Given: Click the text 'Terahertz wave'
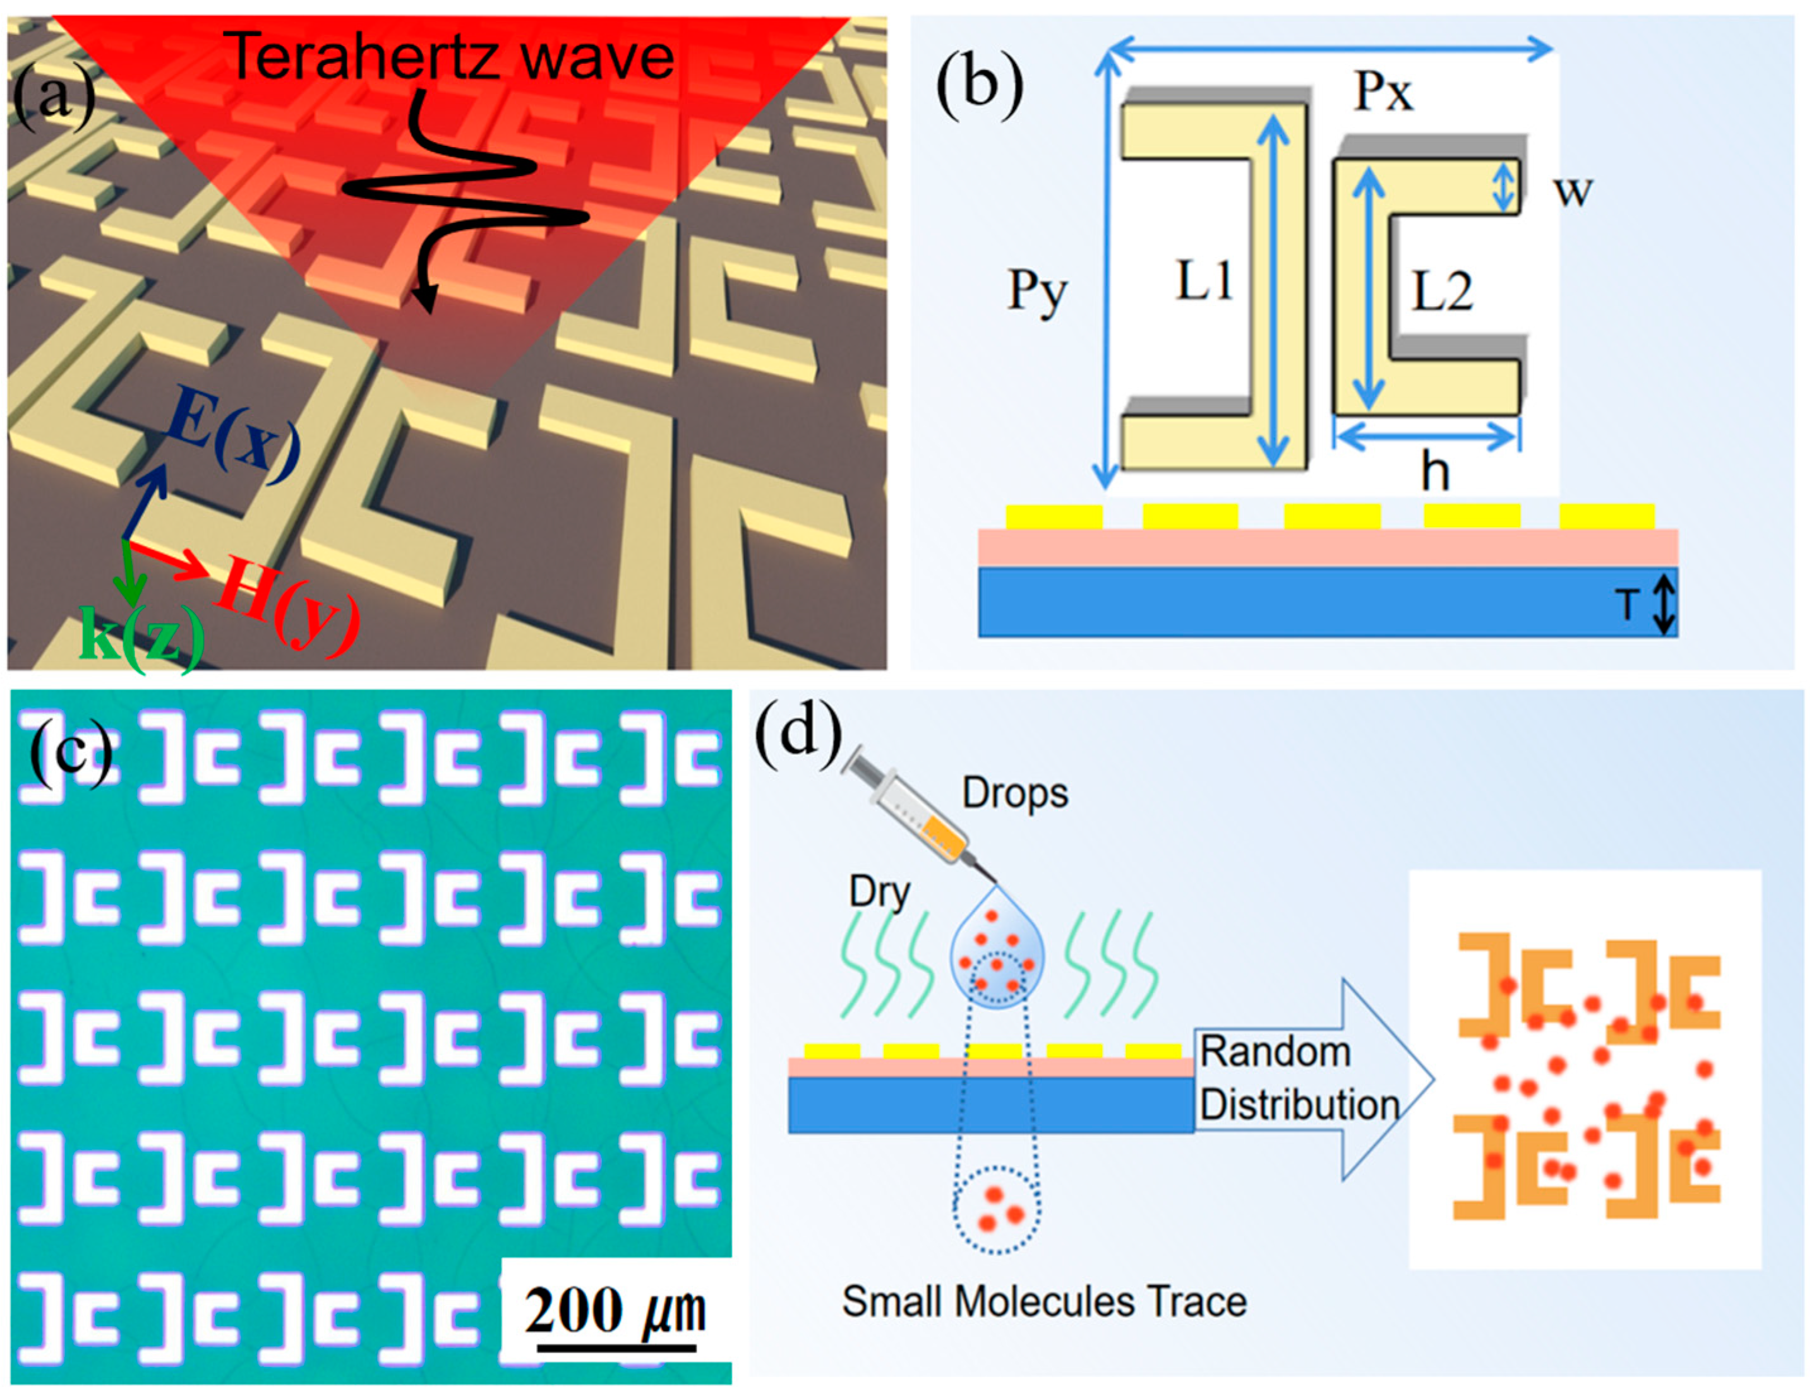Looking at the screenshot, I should coord(450,57).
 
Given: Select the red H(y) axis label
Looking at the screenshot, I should coord(287,604).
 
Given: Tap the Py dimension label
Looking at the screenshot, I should coord(1036,290).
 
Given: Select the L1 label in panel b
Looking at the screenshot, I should coord(1204,281).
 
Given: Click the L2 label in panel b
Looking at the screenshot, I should coord(1442,291).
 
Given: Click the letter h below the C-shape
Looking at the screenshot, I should coord(1434,472).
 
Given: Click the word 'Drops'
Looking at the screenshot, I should coord(1014,792).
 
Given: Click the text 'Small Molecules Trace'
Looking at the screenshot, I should coord(1044,1301).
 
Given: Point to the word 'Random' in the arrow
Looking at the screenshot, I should coord(1275,1053).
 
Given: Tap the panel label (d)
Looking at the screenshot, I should coord(798,731).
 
